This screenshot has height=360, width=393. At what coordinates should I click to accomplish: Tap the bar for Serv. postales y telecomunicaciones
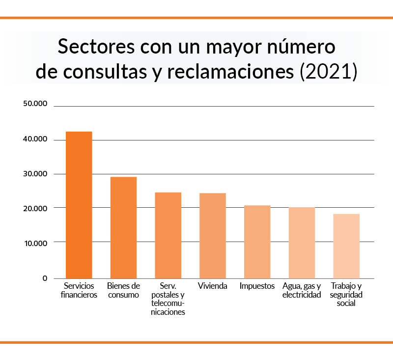(x=168, y=235)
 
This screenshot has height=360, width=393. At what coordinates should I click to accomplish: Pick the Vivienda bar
(x=212, y=236)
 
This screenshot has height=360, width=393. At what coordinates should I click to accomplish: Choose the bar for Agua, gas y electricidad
(x=302, y=243)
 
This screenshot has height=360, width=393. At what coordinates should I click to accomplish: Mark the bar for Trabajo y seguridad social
(x=346, y=246)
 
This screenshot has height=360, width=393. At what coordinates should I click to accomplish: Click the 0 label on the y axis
(x=44, y=278)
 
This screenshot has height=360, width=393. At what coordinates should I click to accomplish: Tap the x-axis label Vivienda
(x=212, y=286)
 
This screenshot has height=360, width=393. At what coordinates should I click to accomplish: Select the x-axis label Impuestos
(x=257, y=286)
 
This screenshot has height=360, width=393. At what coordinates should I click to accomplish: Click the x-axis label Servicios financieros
(x=79, y=290)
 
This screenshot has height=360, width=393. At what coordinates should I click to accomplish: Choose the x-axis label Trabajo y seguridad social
(x=346, y=295)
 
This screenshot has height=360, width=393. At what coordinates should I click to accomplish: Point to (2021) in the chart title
(x=328, y=71)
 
